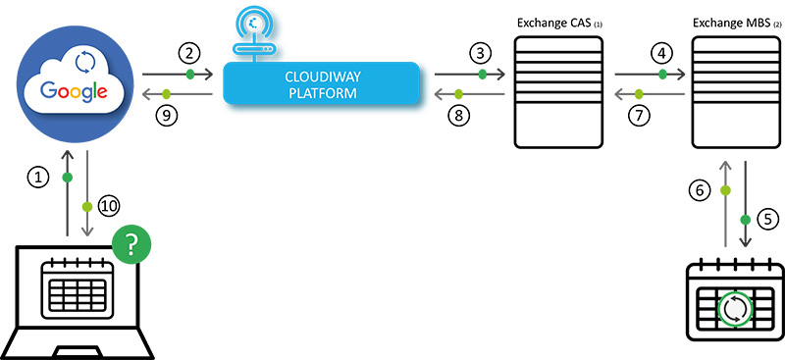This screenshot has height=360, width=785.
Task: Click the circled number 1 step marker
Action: (x=37, y=177)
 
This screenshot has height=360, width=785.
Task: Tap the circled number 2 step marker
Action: (x=189, y=50)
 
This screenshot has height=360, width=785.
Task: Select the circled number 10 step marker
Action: (x=110, y=206)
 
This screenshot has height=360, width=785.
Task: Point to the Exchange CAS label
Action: (x=550, y=21)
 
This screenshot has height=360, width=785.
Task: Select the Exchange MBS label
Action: (x=730, y=21)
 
